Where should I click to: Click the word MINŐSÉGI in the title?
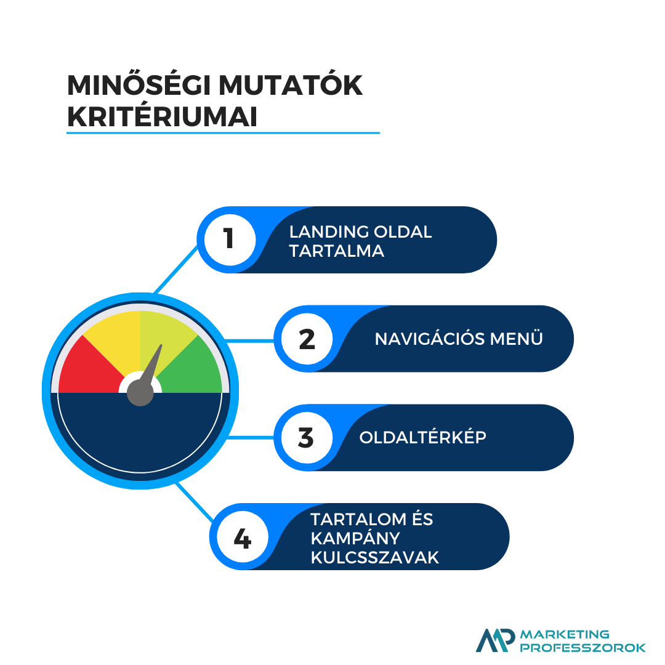coord(139,85)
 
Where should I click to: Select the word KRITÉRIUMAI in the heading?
coord(163,116)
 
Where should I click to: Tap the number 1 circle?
coord(230,240)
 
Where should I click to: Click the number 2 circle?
coord(307,339)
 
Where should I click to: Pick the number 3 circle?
coord(307,438)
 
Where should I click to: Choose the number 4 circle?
coord(243,538)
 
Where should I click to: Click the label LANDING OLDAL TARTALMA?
coord(360,241)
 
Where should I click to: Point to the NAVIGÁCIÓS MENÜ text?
coord(459,338)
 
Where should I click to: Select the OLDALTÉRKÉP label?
coord(423,437)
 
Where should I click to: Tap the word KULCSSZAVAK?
coord(375,558)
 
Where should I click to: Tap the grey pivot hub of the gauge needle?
coord(140,393)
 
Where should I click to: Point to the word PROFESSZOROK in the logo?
coord(582,648)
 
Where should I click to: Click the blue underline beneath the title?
coord(223,133)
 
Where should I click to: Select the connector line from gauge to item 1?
coord(176,269)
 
